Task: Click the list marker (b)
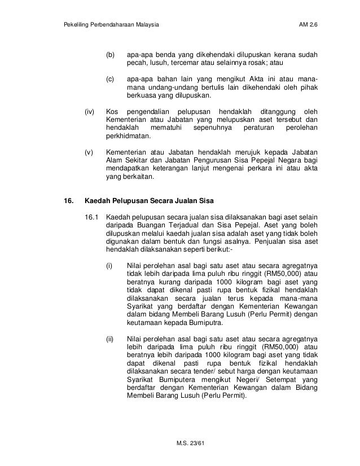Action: [111, 55]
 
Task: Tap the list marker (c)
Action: [111, 80]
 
